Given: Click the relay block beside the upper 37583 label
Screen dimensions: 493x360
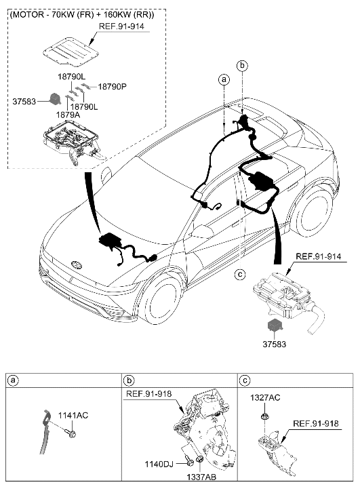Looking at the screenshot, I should (x=52, y=99).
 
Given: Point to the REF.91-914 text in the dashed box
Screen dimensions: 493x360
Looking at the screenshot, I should (x=123, y=26).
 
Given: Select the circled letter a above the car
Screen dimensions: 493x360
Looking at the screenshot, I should (x=224, y=79).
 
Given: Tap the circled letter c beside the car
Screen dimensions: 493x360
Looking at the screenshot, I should (x=239, y=274).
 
